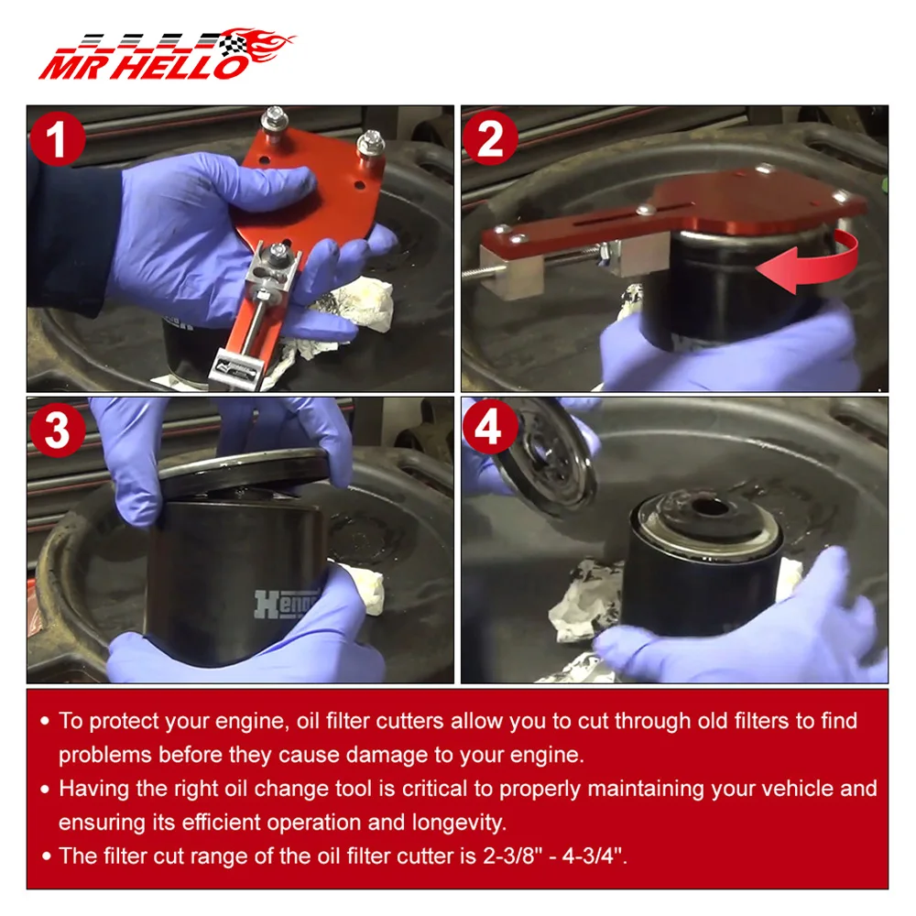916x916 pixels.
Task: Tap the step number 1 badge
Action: pos(57,139)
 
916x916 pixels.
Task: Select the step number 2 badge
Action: pos(489,138)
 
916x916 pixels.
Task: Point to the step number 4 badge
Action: pos(489,427)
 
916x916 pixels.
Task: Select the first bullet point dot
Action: pos(45,722)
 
